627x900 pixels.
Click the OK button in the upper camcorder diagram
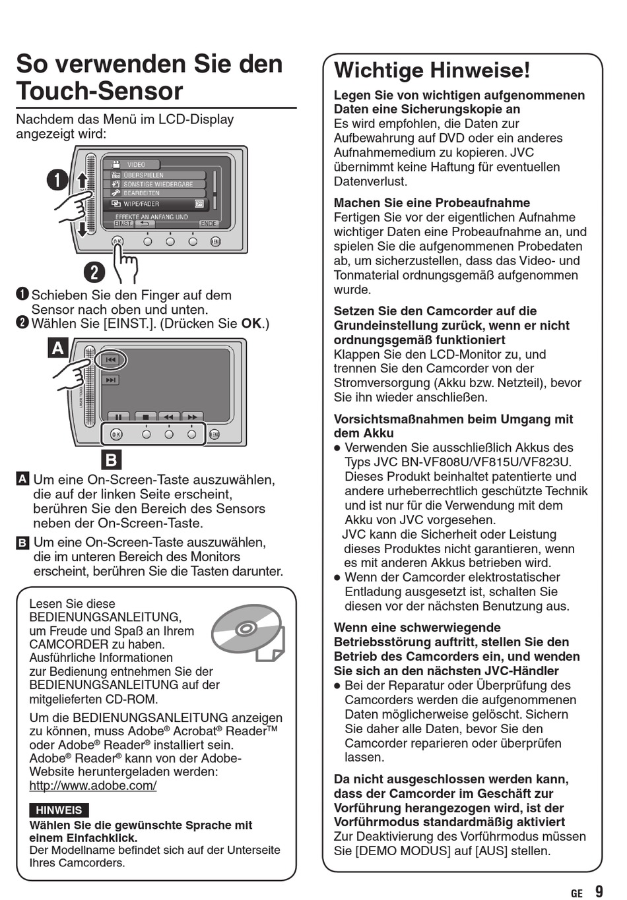pyautogui.click(x=117, y=242)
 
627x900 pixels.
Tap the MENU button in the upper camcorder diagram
pyautogui.click(x=215, y=242)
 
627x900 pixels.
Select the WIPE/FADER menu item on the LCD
pyautogui.click(x=156, y=204)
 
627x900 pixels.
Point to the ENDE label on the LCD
pyautogui.click(x=208, y=224)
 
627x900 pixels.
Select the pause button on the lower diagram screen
pyautogui.click(x=119, y=417)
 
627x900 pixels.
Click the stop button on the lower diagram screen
pyautogui.click(x=145, y=417)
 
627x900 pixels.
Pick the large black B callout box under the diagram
pyautogui.click(x=112, y=460)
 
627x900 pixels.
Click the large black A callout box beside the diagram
pyautogui.click(x=58, y=347)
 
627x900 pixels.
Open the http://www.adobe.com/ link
pyautogui.click(x=93, y=785)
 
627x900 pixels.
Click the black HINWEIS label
pyautogui.click(x=59, y=810)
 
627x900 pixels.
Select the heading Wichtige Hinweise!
pyautogui.click(x=432, y=71)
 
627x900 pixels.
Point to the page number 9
pyautogui.click(x=599, y=891)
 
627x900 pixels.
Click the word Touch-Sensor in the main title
pyautogui.click(x=100, y=91)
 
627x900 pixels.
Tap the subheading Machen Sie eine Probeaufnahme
pyautogui.click(x=432, y=203)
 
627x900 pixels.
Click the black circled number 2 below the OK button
pyautogui.click(x=95, y=272)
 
